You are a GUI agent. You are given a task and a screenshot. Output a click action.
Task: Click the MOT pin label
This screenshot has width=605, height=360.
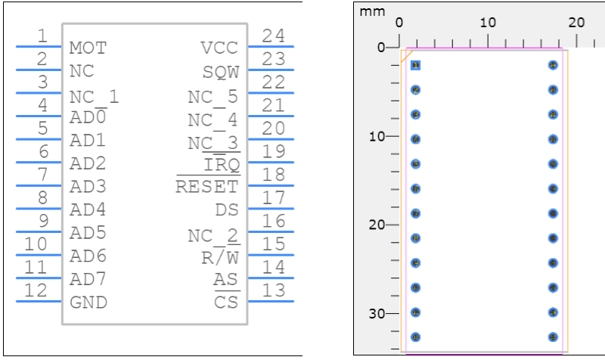click(88, 49)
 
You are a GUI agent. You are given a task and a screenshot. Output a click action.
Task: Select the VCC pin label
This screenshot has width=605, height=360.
click(219, 49)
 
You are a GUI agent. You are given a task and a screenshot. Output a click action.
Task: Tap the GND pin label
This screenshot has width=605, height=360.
click(88, 303)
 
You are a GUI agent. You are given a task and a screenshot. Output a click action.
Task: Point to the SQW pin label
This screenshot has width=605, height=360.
click(220, 73)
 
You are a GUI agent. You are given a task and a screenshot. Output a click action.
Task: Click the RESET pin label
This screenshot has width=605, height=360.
click(206, 187)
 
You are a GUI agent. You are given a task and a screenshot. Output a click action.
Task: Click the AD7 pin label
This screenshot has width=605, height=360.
click(88, 280)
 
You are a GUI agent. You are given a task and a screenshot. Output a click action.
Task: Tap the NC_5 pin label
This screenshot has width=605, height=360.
click(213, 96)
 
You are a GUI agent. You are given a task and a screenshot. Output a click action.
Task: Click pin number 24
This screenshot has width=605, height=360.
click(271, 35)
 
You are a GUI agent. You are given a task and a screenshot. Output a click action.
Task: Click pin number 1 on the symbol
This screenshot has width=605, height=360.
click(42, 35)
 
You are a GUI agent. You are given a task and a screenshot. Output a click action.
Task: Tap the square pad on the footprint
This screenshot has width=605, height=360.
click(415, 65)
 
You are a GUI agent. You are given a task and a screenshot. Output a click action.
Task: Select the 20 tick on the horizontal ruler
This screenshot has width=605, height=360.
click(577, 22)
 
